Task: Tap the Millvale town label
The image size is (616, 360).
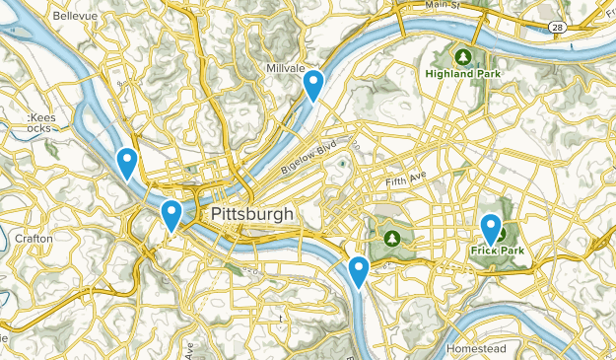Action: pyautogui.click(x=286, y=69)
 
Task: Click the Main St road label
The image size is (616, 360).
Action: pyautogui.click(x=443, y=6)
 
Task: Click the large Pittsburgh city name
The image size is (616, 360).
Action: pyautogui.click(x=252, y=214)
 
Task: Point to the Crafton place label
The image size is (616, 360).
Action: pyautogui.click(x=35, y=239)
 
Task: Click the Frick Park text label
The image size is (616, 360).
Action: pyautogui.click(x=496, y=251)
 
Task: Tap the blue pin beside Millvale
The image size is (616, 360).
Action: pyautogui.click(x=313, y=85)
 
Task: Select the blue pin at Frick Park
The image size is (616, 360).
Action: pyautogui.click(x=491, y=229)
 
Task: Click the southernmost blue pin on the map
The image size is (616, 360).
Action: pyautogui.click(x=359, y=270)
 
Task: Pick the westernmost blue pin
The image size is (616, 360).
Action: pyautogui.click(x=126, y=162)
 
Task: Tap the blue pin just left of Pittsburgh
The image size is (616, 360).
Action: pyautogui.click(x=171, y=214)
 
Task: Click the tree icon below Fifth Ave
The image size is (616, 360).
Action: pyautogui.click(x=392, y=238)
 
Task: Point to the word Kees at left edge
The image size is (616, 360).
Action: pyautogui.click(x=40, y=116)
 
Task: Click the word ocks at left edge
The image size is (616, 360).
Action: pyautogui.click(x=39, y=128)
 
